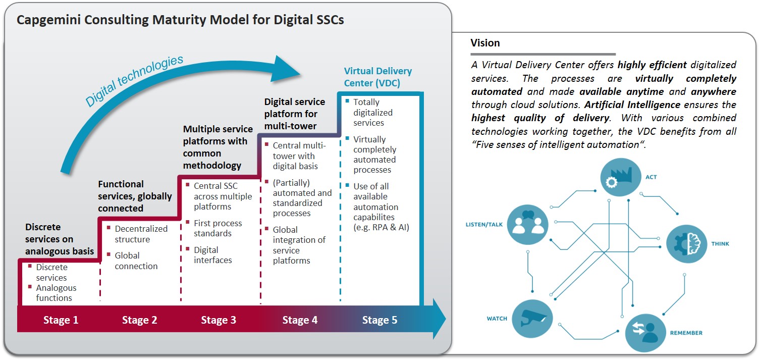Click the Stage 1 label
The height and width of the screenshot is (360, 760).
[61, 320]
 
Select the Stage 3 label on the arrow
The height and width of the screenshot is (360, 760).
[219, 320]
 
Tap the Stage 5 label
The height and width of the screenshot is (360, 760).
[379, 320]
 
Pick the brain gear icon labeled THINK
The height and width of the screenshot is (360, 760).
[686, 243]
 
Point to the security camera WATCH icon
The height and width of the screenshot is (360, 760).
[532, 319]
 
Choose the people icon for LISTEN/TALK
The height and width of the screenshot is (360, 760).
[527, 224]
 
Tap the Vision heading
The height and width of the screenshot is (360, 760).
[485, 43]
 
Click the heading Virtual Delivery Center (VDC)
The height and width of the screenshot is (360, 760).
[377, 77]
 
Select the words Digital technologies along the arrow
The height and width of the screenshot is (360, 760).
[134, 81]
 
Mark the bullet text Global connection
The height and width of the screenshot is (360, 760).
[136, 261]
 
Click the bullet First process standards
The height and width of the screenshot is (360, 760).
[218, 228]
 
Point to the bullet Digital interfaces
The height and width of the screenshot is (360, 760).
[212, 255]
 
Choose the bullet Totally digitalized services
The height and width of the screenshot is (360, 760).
[372, 112]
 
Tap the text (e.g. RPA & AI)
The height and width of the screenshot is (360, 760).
[381, 227]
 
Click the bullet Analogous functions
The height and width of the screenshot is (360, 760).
[56, 293]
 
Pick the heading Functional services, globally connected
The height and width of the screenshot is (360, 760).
[135, 196]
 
